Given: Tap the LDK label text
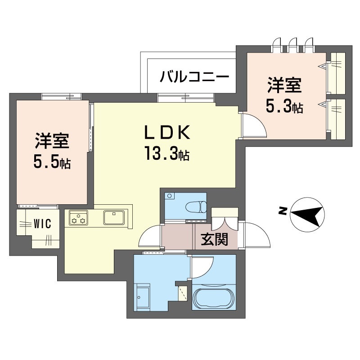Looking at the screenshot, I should pos(168,133).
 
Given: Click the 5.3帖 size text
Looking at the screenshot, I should pos(284,107).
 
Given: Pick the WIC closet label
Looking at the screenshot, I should pos(41,223).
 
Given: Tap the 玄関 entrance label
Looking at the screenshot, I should pos(214,239).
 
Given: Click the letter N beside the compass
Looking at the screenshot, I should pos(283,210).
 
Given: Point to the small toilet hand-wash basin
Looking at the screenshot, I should pos(169,196).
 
